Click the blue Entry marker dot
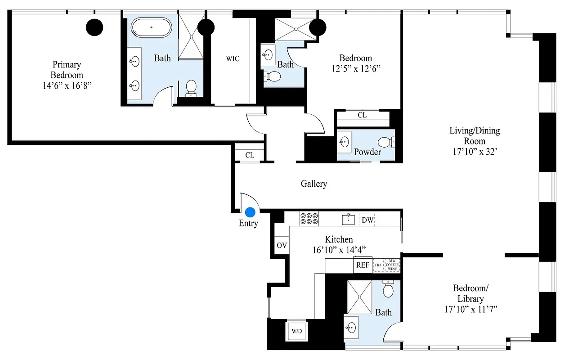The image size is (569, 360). coord(250,212)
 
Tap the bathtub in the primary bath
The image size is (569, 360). coord(151,27)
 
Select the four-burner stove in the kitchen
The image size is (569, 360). coord(309,219)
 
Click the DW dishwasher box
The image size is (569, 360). coord(367,220)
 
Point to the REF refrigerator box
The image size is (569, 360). coord(363,265)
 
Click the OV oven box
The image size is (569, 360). coord(282,245)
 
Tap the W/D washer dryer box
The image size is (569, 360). coord(296,331)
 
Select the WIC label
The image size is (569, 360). coord(233,58)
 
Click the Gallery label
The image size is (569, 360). coord(314,184)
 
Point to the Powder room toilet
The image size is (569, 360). coord(386,143)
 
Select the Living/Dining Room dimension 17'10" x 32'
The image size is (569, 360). coord(475,152)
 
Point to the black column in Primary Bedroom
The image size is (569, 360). coord(94,27)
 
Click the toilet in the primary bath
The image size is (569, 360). coord(191,87)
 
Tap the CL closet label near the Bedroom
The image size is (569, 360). coord(362,115)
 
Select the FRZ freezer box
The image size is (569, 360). coord(378,265)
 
